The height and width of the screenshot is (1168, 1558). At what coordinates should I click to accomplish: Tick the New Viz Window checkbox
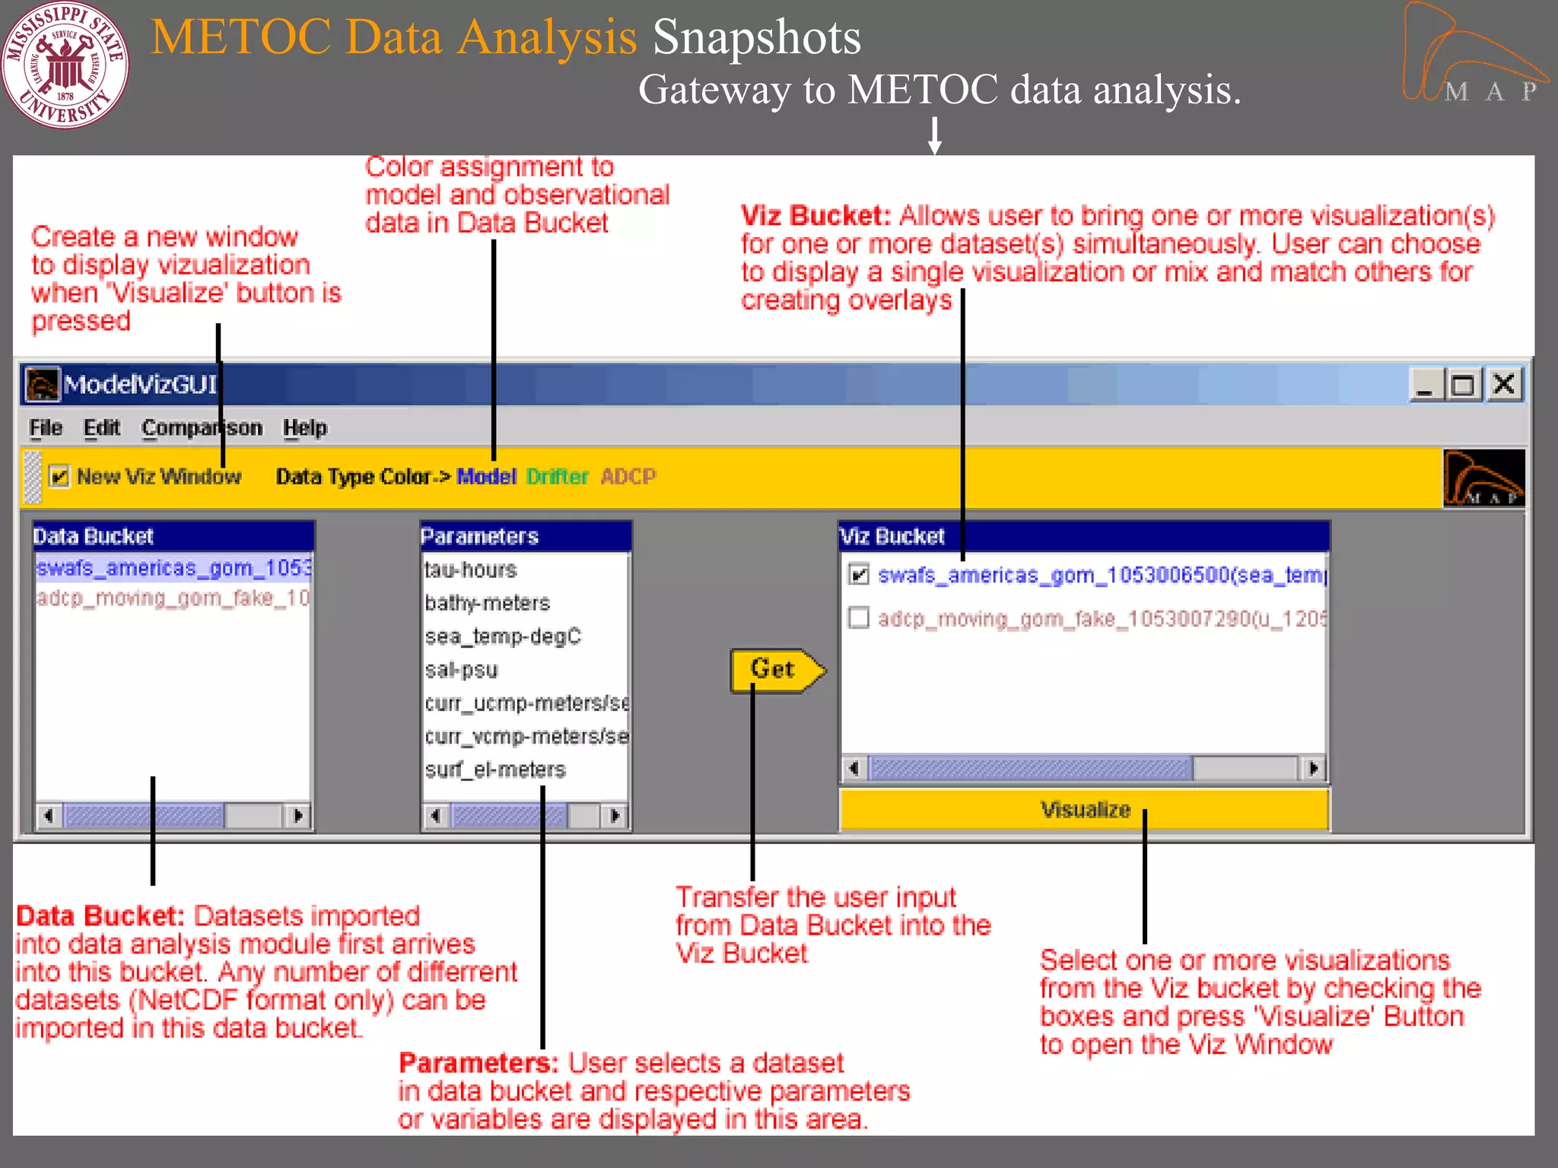pos(59,477)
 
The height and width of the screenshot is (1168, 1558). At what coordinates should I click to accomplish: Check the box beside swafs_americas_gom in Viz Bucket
pos(859,575)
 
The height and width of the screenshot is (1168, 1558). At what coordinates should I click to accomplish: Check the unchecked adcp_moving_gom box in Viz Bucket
pos(859,617)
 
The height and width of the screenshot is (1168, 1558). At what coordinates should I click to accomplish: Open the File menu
pos(45,428)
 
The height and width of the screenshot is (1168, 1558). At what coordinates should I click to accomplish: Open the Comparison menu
pos(202,428)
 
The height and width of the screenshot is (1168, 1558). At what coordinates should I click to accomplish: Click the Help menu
pos(304,428)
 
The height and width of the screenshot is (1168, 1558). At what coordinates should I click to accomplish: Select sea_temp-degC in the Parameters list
pos(503,636)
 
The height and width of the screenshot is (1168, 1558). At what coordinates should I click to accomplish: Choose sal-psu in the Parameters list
pos(462,670)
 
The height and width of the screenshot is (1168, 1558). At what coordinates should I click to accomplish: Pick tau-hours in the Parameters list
pos(471,570)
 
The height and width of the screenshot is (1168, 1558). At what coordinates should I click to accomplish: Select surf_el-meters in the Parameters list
pos(495,770)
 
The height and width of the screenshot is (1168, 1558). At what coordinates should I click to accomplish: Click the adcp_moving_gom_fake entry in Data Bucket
pos(173,598)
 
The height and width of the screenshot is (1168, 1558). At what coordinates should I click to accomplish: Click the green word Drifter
pos(557,477)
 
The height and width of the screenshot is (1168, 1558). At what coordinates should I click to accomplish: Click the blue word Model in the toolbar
pos(486,477)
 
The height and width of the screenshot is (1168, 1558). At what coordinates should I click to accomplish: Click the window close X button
pos(1504,385)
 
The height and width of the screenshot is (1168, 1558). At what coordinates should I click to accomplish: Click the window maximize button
pos(1463,385)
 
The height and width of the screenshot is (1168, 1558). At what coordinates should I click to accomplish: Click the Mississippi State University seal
pos(65,65)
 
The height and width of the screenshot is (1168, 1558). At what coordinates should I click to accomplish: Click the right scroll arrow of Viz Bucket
pos(1313,768)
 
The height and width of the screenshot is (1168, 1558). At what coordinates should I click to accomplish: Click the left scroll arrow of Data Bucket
pos(49,816)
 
